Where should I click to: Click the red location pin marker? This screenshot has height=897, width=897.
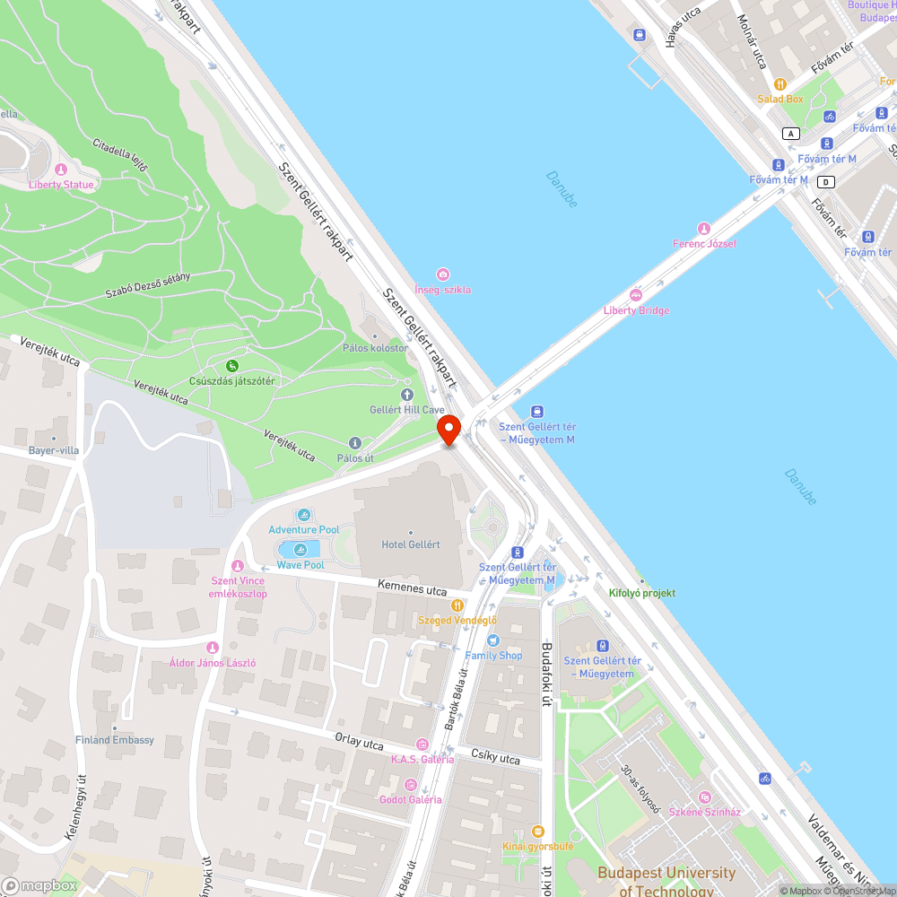coord(448,430)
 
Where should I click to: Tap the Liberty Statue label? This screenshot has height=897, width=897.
coord(61,184)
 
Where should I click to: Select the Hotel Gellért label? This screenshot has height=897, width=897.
coord(411,544)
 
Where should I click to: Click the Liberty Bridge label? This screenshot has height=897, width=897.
coord(636,310)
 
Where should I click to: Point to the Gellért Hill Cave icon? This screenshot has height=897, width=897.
coord(407,394)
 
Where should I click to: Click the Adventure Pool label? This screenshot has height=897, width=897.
coord(304,529)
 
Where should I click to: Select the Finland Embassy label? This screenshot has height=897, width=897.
coord(115,740)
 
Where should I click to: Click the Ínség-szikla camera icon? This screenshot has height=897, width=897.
coord(442,274)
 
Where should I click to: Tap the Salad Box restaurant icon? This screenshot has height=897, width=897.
coord(780,83)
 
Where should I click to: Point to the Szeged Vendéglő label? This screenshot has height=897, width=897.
coord(457,620)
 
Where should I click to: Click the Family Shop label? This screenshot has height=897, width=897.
coord(493,655)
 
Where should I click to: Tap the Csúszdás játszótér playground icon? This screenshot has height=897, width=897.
coord(232,365)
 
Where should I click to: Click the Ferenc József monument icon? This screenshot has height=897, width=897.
coord(704,228)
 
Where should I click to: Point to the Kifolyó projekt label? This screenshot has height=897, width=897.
coord(642,593)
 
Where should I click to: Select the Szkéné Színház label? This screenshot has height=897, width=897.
coord(705,812)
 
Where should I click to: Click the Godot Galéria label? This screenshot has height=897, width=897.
coord(411,799)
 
